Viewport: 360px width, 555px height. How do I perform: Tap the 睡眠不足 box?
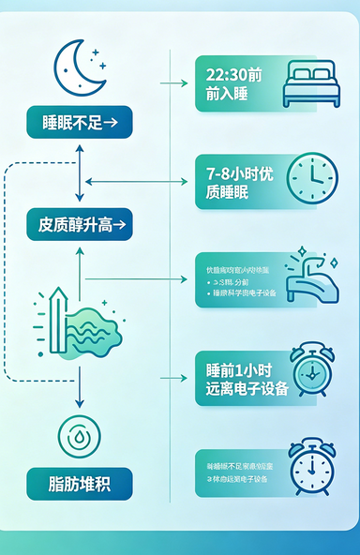click(x=80, y=122)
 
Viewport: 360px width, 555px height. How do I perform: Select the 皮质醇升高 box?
click(x=80, y=225)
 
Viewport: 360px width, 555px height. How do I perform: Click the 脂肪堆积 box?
click(x=80, y=484)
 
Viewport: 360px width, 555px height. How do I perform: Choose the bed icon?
click(x=311, y=83)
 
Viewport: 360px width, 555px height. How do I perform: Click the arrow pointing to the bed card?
click(x=174, y=83)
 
